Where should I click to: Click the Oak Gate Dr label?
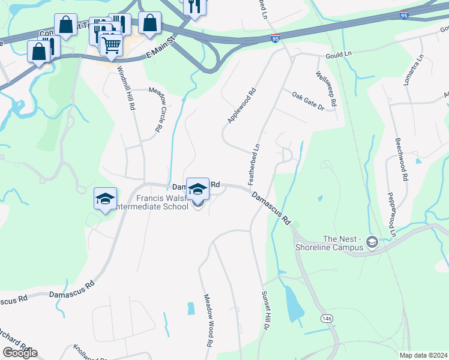tap(308, 101)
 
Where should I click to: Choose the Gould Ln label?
tap(339, 55)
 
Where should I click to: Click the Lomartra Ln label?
tap(413, 70)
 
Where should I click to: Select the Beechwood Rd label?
tap(400, 160)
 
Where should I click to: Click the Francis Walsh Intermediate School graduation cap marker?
tap(197, 190)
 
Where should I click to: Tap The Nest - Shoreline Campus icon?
tap(372, 242)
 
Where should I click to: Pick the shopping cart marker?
tap(111, 45)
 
